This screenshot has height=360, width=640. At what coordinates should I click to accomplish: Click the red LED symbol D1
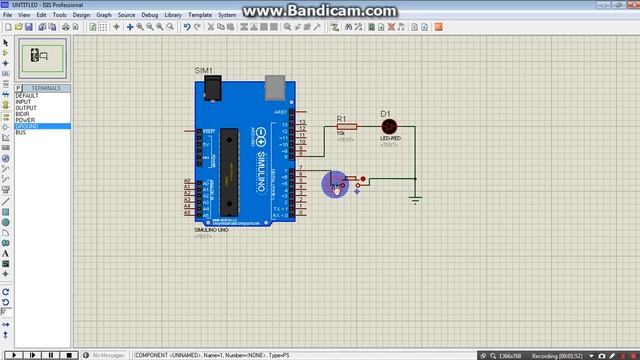389,126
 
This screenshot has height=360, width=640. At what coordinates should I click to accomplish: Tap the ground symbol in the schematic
416,199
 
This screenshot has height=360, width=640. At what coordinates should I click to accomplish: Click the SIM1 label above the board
203,70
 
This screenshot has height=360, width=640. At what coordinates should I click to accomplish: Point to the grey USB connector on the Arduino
277,91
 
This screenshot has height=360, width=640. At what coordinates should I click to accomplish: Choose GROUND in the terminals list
27,127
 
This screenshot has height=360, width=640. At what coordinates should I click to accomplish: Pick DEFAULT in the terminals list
27,96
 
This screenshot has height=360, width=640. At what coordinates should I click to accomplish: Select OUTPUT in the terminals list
25,108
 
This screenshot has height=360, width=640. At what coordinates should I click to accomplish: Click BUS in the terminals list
20,133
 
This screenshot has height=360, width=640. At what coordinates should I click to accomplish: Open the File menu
8,15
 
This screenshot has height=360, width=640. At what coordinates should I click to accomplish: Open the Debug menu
150,15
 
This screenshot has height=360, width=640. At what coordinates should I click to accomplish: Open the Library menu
174,15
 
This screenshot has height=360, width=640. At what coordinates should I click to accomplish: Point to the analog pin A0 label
187,181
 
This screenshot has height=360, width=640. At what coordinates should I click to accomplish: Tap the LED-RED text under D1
389,138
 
